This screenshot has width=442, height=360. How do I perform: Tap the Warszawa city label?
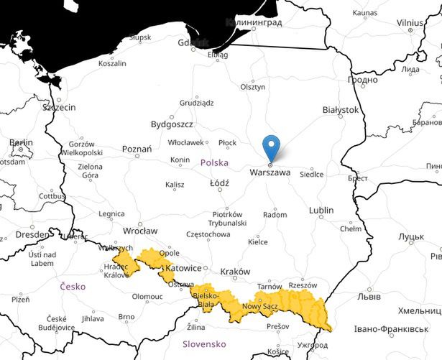(270, 173)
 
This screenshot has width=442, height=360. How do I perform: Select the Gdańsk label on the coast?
(193, 42)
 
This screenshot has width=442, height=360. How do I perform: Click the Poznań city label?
(137, 149)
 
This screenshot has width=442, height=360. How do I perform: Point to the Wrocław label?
(140, 231)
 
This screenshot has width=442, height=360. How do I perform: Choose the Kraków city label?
(235, 272)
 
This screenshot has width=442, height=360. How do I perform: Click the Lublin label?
(321, 210)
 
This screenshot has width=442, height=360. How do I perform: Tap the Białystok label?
(341, 110)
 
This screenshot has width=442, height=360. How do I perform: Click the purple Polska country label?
(214, 162)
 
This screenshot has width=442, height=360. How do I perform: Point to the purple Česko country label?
(73, 286)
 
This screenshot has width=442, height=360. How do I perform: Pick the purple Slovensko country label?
(204, 344)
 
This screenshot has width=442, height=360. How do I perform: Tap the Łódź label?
(218, 183)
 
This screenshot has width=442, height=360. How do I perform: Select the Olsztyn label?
(252, 86)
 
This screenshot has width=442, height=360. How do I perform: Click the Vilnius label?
(410, 23)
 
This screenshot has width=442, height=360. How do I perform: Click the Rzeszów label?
(303, 285)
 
